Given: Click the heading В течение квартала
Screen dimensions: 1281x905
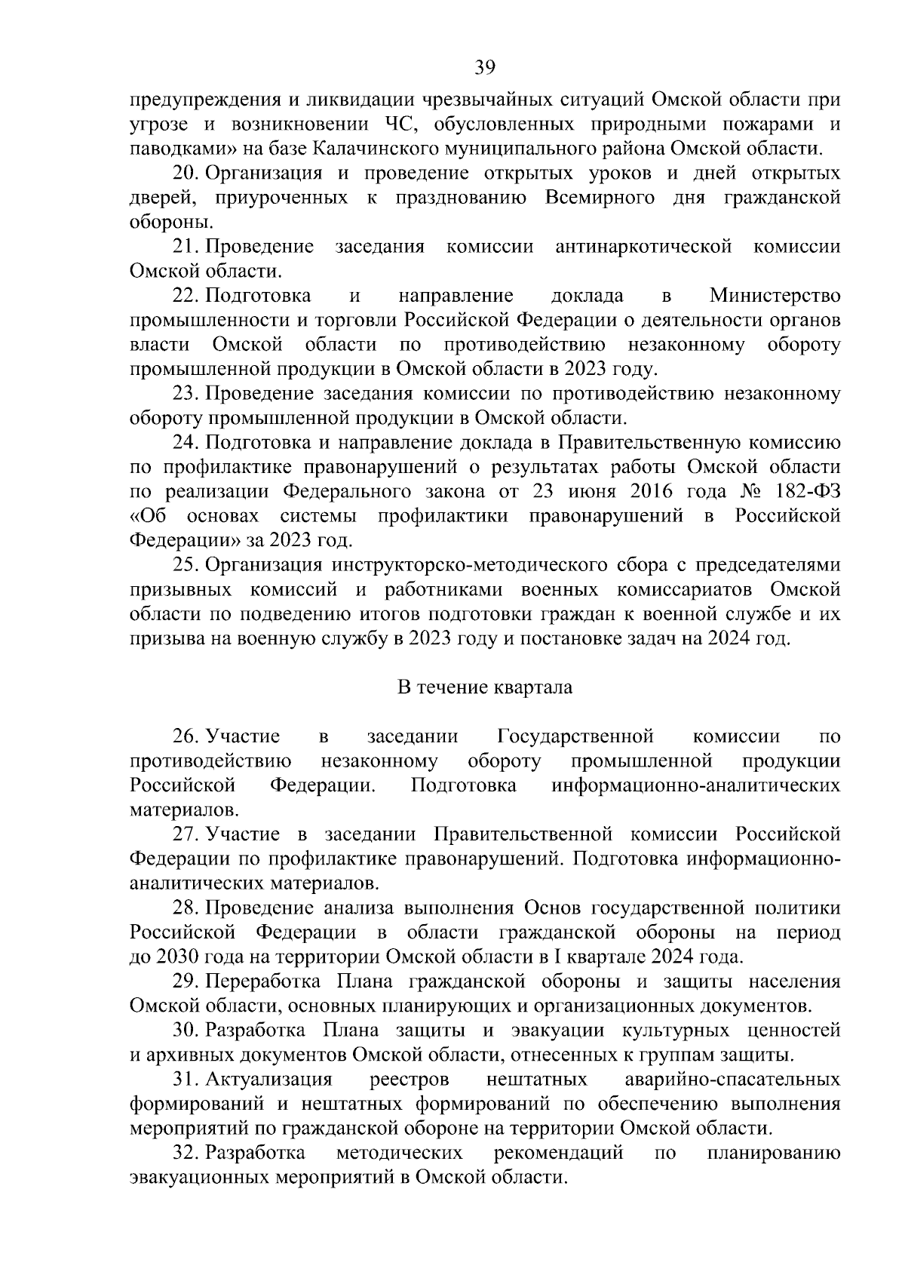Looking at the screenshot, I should click(x=484, y=687).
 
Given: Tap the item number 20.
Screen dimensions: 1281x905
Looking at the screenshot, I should click(x=186, y=174).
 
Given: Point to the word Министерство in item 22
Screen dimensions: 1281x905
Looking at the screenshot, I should click(x=775, y=296).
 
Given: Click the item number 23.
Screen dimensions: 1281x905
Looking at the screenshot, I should click(x=186, y=393).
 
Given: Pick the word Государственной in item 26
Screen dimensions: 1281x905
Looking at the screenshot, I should click(x=575, y=736).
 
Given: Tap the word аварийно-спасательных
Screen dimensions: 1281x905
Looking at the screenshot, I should click(x=732, y=1080).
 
